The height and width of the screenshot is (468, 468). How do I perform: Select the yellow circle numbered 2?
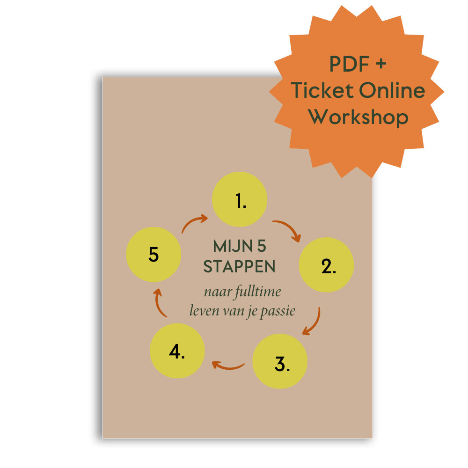pos(326,265)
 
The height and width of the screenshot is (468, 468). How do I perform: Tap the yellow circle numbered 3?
pos(280,361)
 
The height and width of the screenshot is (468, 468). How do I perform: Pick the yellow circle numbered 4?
pos(177,351)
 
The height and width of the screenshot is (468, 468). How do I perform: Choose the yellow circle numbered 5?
pos(154,255)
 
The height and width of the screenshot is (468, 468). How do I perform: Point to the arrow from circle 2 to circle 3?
pos(313,322)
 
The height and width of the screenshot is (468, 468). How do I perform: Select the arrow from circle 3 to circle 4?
pos(228,365)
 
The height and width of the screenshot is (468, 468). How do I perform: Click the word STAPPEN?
pos(240,267)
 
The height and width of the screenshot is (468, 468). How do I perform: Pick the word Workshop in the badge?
pos(358,117)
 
